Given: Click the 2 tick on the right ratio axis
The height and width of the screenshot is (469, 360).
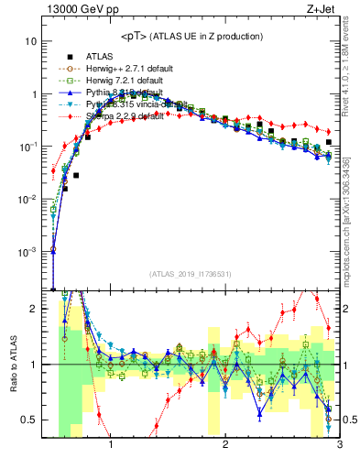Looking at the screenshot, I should [346, 309].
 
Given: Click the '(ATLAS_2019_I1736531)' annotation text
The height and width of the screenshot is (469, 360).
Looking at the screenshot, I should [189, 274].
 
